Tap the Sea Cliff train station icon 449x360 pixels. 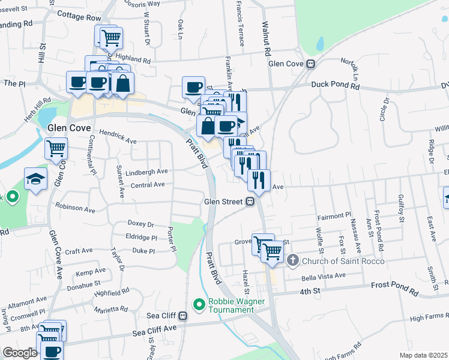(x=182, y=316)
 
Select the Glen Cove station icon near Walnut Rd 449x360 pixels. (x=311, y=64)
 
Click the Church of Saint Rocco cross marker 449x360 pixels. (x=292, y=260)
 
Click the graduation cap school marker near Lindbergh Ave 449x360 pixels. (x=36, y=179)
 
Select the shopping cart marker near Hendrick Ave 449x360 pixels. (x=56, y=148)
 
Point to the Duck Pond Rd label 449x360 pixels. (x=335, y=86)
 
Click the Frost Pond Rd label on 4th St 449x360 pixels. (x=394, y=290)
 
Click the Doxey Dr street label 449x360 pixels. (x=141, y=224)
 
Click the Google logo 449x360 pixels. (x=20, y=353)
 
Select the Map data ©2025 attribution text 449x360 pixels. (x=423, y=355)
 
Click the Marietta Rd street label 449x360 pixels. (x=111, y=310)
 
